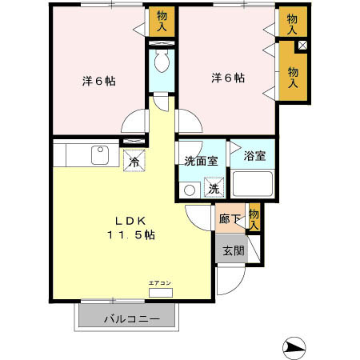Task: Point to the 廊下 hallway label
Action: (x=228, y=217)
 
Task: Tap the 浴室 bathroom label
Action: (x=254, y=158)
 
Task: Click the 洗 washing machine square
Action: (x=214, y=189)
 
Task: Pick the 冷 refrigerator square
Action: (x=134, y=159)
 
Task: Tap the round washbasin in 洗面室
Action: (x=190, y=190)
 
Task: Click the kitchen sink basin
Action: (x=100, y=154)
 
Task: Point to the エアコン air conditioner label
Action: (x=158, y=282)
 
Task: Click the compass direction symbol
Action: (x=294, y=347)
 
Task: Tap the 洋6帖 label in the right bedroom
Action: (x=228, y=78)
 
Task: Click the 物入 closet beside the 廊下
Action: (x=254, y=218)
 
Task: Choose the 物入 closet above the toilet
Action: (x=162, y=21)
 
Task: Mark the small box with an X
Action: (x=301, y=46)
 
